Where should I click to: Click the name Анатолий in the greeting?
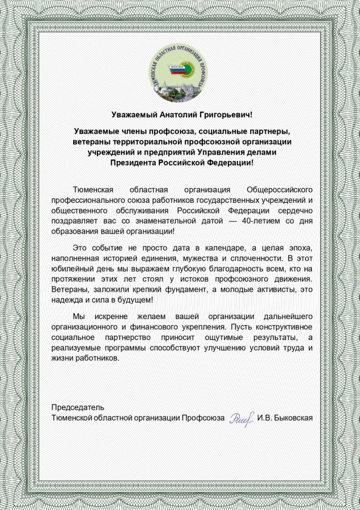[x=175, y=114]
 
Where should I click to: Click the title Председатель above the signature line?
[x=78, y=407]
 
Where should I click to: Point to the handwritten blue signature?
[x=240, y=419]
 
